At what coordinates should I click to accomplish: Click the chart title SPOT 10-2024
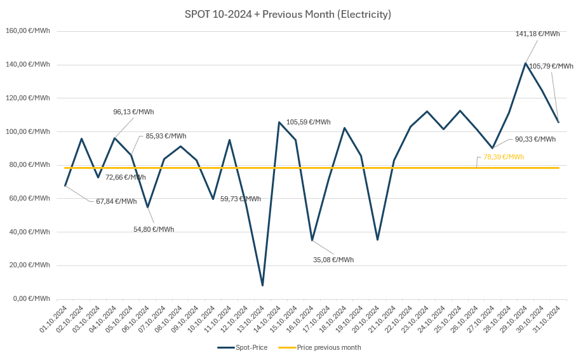[288, 14]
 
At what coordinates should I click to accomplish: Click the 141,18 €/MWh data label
[537, 34]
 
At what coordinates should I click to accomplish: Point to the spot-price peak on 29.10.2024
[525, 63]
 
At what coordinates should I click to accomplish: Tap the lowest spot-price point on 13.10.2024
[262, 285]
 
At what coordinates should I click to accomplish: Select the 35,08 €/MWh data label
[333, 260]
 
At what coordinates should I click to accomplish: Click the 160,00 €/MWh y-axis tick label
[28, 30]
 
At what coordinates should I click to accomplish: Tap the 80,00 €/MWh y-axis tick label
[29, 164]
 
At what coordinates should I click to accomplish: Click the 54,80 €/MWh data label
[153, 229]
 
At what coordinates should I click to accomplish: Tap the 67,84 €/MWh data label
[116, 201]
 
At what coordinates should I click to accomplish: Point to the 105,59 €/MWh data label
[308, 122]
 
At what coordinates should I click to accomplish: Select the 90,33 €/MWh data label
[535, 139]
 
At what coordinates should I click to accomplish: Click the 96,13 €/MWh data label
[133, 112]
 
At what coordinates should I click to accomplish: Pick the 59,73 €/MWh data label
[240, 199]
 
